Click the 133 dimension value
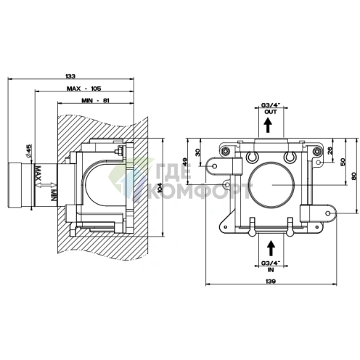(x=70, y=76)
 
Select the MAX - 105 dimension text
(x=83, y=89)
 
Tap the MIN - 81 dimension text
(x=95, y=100)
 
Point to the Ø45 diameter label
(x=29, y=150)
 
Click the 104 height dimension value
(x=159, y=187)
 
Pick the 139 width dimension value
(x=270, y=281)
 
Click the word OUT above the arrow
(x=271, y=112)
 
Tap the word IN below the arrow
(x=271, y=269)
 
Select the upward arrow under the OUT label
(x=268, y=125)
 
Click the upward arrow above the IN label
(x=271, y=248)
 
